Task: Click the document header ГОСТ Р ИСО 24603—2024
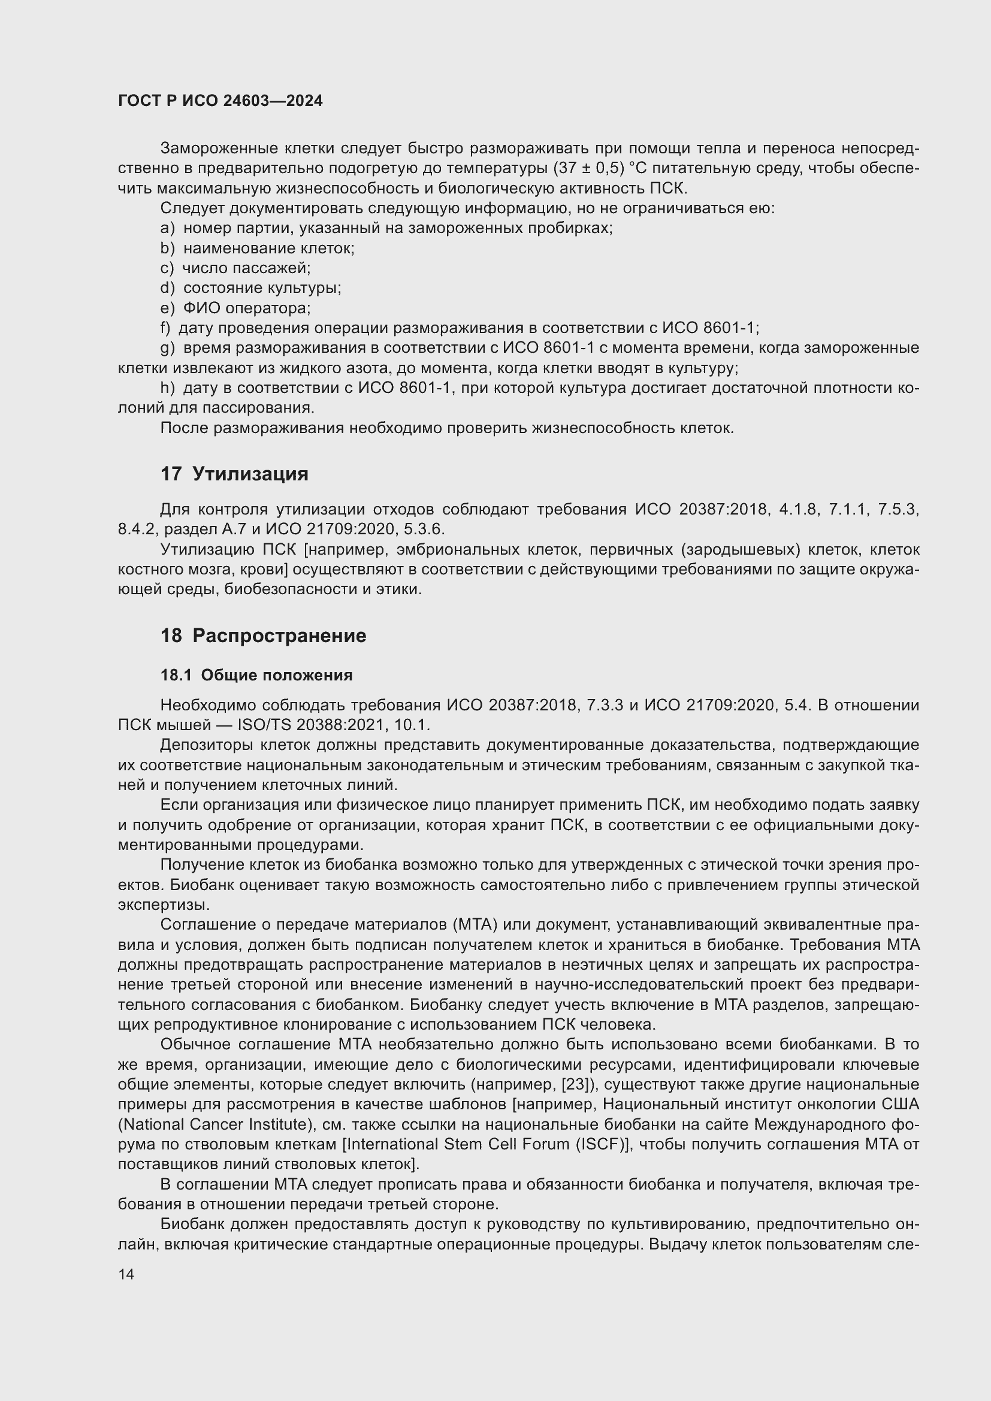pyautogui.click(x=220, y=101)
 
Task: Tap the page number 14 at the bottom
pyautogui.click(x=126, y=1274)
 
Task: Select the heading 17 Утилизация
pyautogui.click(x=234, y=474)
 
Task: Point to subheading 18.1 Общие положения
pyautogui.click(x=256, y=675)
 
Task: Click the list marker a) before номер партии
pyautogui.click(x=167, y=228)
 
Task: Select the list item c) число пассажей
pyautogui.click(x=235, y=268)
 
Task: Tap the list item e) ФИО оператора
pyautogui.click(x=235, y=308)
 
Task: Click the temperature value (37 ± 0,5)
pyautogui.click(x=589, y=168)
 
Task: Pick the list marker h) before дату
pyautogui.click(x=167, y=388)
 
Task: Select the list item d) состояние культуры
pyautogui.click(x=250, y=288)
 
